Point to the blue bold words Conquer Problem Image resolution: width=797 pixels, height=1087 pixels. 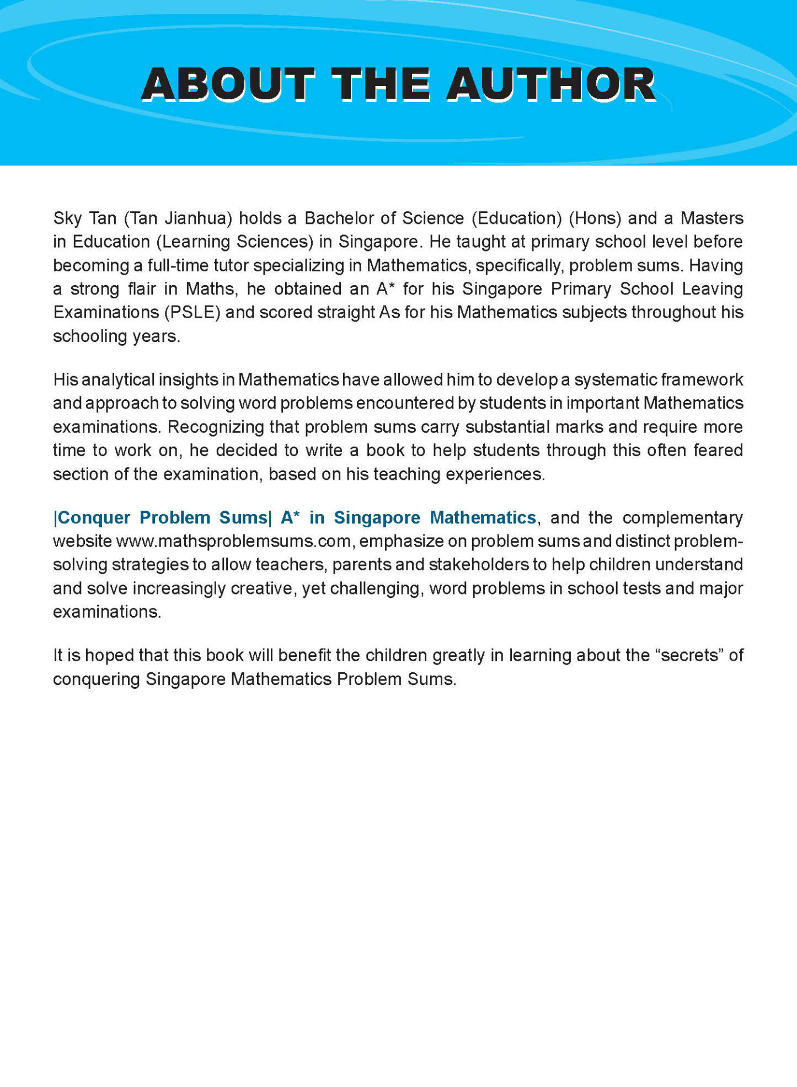tap(133, 517)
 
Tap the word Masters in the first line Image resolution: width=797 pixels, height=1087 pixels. tap(712, 218)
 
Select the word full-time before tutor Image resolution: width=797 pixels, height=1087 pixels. tap(178, 265)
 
